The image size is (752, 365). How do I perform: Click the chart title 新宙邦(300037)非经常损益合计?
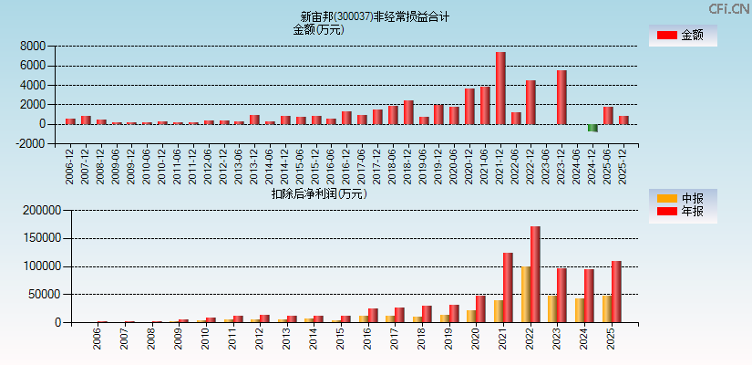[x=375, y=16]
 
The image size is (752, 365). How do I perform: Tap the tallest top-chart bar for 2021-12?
[x=500, y=89]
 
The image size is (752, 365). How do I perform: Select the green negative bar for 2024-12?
[x=593, y=128]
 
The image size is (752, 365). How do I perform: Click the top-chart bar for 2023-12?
[x=561, y=98]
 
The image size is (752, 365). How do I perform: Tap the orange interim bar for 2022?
[x=526, y=295]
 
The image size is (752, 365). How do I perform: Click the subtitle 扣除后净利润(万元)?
[x=318, y=193]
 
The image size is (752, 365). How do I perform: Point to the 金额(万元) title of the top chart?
[x=318, y=29]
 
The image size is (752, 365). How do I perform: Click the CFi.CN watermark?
[x=728, y=9]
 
